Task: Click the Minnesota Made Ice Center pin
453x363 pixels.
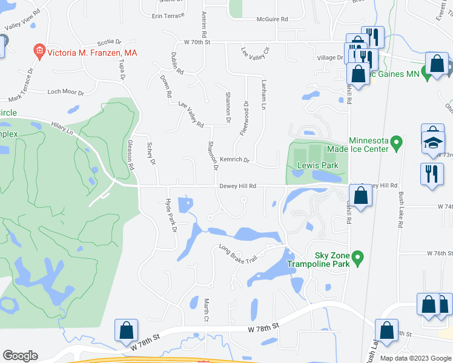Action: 397,143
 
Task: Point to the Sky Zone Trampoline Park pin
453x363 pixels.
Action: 357,259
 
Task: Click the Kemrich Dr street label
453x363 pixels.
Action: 234,160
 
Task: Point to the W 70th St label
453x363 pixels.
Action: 197,42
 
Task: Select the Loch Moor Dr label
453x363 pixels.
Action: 66,92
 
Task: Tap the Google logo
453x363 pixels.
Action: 20,356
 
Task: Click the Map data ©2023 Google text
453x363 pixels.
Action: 415,358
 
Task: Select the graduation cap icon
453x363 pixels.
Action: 432,143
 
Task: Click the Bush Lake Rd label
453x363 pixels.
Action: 400,209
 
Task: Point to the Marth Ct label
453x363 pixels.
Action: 206,310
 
